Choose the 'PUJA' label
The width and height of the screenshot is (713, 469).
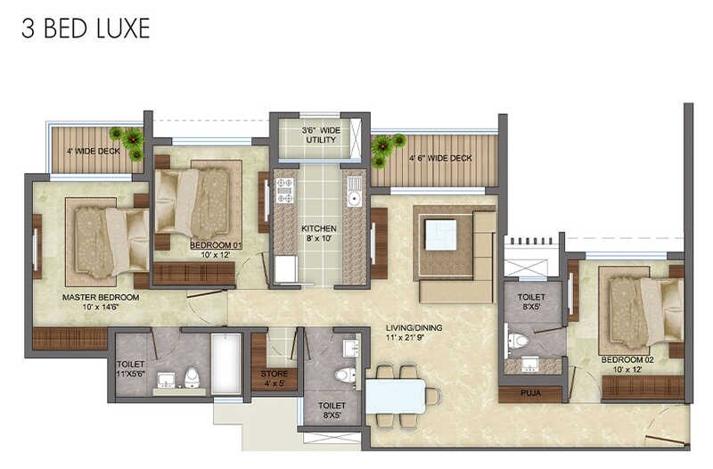point(529,390)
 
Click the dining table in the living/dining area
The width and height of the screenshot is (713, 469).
point(395,395)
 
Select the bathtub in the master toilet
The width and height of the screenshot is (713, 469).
point(225,363)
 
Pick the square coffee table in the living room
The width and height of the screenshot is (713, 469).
point(440,234)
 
